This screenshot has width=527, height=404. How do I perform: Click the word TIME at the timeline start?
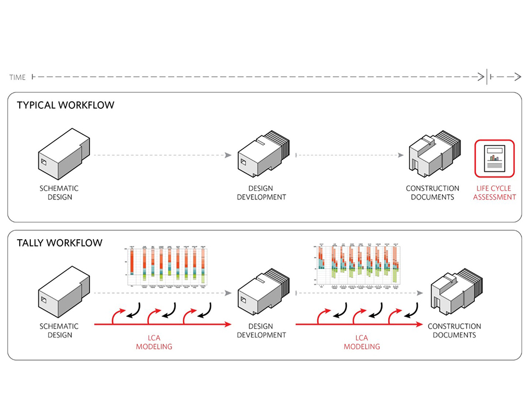[18, 78]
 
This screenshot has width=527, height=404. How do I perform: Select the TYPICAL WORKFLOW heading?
[65, 104]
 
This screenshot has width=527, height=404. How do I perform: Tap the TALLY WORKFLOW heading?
[59, 242]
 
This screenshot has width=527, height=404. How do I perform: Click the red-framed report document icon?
[495, 159]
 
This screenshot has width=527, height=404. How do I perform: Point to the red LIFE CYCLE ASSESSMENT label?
[494, 192]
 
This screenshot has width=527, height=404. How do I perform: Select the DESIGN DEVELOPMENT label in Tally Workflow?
[261, 330]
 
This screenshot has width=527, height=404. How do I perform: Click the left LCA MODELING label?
[154, 342]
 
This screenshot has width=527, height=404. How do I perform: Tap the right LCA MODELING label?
[362, 342]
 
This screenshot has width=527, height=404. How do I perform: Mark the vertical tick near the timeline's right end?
[486, 77]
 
